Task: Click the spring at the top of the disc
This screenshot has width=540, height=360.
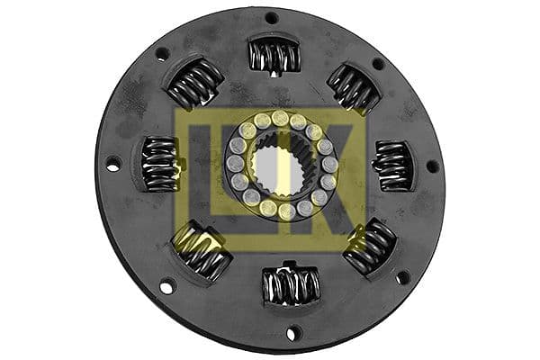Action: tap(274, 57)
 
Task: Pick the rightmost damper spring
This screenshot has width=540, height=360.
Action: tap(391, 166)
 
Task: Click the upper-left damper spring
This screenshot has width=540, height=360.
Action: tap(194, 84)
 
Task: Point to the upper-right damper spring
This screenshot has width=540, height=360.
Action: tap(353, 88)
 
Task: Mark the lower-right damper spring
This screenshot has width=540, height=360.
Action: tap(370, 246)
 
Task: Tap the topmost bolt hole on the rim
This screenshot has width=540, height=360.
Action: tap(271, 17)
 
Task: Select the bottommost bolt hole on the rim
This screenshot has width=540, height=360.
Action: tap(291, 333)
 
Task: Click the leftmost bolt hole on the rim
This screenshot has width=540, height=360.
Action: tap(112, 164)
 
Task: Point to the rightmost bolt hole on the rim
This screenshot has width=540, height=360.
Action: tap(432, 166)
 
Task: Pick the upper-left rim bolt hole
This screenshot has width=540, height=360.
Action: tap(162, 54)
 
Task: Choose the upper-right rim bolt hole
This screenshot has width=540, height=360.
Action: tap(378, 64)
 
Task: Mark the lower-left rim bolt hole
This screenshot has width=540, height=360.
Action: tap(166, 288)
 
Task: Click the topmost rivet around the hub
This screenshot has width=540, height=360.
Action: tap(280, 118)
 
